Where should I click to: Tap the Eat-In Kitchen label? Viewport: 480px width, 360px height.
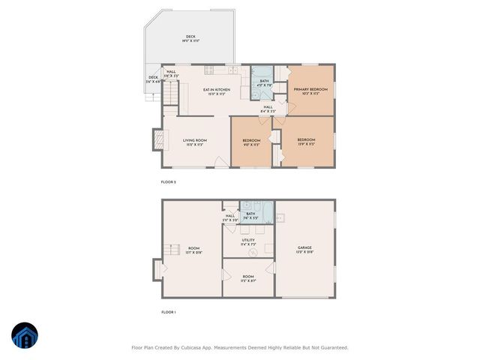tap(217, 90)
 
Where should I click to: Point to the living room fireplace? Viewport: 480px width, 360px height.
tap(158, 139)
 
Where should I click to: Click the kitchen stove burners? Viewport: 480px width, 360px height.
tap(210, 70)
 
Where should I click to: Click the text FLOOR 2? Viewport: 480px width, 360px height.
tap(169, 182)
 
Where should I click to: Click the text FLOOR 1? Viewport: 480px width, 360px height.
tap(169, 312)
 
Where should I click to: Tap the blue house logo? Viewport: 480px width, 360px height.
tap(25, 336)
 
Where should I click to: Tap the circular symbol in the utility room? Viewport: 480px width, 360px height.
tap(253, 252)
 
